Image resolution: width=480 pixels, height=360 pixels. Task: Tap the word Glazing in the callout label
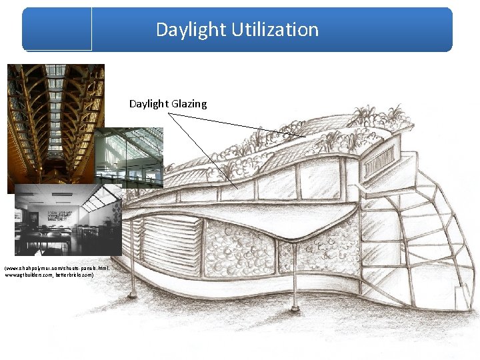(x=189, y=104)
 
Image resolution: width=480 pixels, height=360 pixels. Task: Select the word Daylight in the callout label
(x=149, y=104)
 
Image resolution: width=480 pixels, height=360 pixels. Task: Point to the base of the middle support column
(x=294, y=308)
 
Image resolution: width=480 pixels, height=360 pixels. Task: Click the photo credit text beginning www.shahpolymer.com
(x=57, y=267)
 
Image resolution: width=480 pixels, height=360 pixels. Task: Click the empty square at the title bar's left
(x=57, y=29)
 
